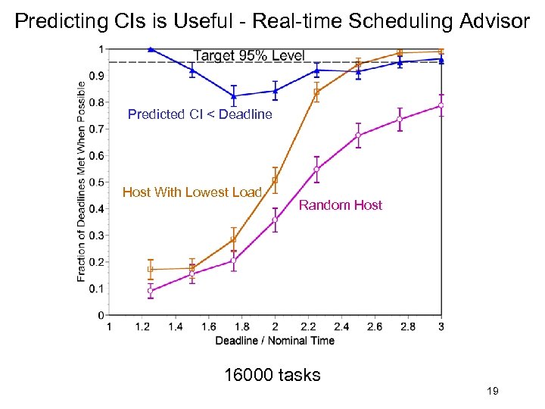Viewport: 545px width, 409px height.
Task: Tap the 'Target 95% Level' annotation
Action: (249, 55)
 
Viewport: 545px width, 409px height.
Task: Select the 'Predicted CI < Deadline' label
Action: (200, 114)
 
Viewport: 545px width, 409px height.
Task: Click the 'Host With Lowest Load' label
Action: (192, 192)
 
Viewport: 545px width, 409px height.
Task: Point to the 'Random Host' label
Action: (341, 205)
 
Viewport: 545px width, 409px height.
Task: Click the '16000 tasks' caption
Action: (272, 374)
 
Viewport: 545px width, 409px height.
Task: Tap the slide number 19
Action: (492, 391)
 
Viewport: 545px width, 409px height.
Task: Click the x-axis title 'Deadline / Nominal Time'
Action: (275, 341)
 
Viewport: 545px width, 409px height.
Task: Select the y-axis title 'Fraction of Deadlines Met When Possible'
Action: (82, 181)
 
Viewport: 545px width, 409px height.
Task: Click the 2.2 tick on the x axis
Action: (308, 326)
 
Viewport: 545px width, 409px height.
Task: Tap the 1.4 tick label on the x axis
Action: (175, 326)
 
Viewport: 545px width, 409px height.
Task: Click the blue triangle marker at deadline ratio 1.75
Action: (234, 96)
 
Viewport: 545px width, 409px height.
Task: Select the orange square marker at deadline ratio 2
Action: (275, 180)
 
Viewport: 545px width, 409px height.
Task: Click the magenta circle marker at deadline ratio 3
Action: (441, 105)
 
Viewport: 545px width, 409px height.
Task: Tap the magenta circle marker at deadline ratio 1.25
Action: (151, 291)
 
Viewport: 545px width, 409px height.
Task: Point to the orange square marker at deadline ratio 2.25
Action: (316, 92)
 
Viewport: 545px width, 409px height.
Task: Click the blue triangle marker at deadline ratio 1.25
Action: (151, 49)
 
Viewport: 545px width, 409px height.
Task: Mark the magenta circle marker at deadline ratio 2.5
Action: (358, 136)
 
